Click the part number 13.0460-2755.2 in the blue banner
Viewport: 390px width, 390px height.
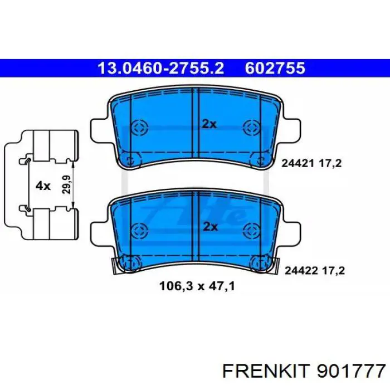(x=160, y=68)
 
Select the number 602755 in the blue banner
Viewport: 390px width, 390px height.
(x=275, y=68)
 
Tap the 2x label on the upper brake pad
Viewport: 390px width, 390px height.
(x=209, y=124)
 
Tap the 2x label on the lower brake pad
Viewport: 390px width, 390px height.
(x=211, y=227)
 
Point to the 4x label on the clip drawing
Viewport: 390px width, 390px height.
(x=43, y=186)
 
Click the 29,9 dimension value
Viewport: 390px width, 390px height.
(x=66, y=184)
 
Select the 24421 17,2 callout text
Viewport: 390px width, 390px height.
(x=311, y=163)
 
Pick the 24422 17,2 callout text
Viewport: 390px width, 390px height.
(x=315, y=271)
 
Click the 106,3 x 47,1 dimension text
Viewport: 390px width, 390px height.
(x=197, y=286)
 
